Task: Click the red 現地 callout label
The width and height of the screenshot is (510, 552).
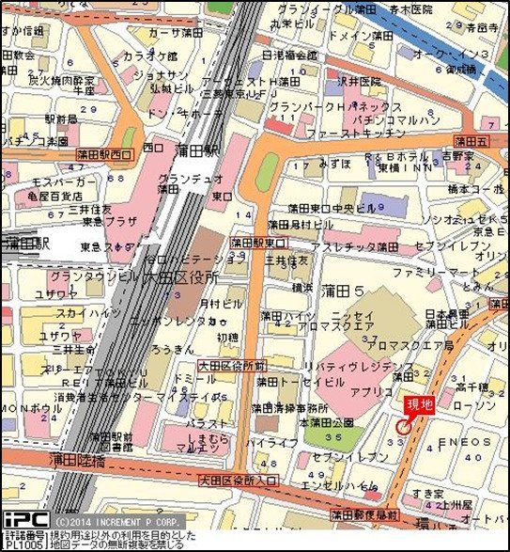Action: point(420,404)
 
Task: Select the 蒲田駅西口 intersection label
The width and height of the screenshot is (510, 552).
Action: point(106,154)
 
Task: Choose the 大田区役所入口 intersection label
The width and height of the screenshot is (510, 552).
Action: point(239,481)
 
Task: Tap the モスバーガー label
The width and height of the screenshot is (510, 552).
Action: point(62,180)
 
